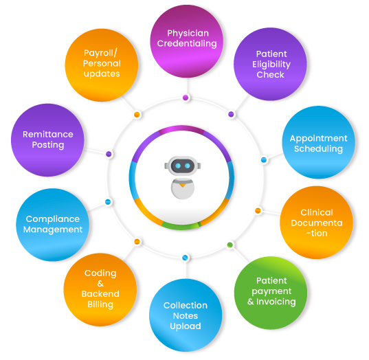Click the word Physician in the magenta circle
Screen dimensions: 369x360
(x=188, y=34)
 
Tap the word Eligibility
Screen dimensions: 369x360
(x=271, y=65)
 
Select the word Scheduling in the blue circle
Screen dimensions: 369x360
(x=318, y=149)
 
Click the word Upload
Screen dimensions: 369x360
(x=186, y=326)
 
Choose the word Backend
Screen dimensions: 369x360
(x=100, y=294)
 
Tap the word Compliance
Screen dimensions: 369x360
(x=53, y=220)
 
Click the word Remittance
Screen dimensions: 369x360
(x=48, y=135)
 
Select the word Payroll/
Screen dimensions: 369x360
(x=100, y=54)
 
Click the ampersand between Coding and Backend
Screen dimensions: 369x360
(x=100, y=284)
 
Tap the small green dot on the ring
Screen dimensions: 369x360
(x=230, y=245)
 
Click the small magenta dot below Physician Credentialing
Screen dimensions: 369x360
(x=186, y=98)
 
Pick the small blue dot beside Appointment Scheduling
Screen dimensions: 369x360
(x=264, y=160)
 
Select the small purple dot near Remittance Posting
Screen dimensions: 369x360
(x=109, y=154)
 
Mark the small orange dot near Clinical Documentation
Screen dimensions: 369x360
(x=258, y=210)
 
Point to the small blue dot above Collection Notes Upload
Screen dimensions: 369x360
(x=186, y=258)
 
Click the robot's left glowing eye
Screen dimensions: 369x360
(x=178, y=166)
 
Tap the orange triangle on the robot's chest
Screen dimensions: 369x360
(x=182, y=185)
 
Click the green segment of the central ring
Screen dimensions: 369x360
(x=181, y=226)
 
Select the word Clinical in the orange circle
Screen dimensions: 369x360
(x=317, y=212)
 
